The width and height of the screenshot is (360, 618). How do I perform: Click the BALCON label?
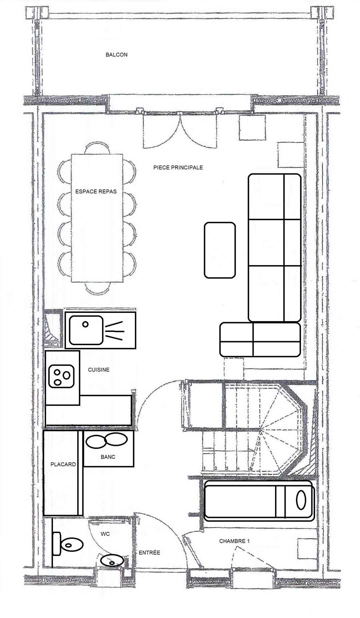(x=116, y=55)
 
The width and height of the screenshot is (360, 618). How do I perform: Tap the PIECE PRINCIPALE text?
(x=178, y=167)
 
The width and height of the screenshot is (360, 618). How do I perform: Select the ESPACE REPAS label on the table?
(x=96, y=191)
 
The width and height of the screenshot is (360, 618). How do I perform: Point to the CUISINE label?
(x=99, y=370)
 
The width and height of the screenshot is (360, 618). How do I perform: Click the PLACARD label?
(x=63, y=464)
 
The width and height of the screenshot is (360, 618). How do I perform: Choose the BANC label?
(x=108, y=457)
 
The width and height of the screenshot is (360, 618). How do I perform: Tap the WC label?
(x=105, y=534)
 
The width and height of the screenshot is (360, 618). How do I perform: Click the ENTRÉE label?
(x=149, y=553)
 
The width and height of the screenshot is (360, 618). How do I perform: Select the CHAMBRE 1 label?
(x=234, y=541)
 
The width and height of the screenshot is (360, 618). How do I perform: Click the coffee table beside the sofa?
(x=220, y=250)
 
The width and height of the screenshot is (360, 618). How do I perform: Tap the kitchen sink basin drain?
(x=85, y=324)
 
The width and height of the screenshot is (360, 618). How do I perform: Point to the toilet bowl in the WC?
(x=71, y=545)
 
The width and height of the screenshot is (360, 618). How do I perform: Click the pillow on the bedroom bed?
(x=301, y=500)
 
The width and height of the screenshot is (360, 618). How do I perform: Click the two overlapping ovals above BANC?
(x=107, y=440)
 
